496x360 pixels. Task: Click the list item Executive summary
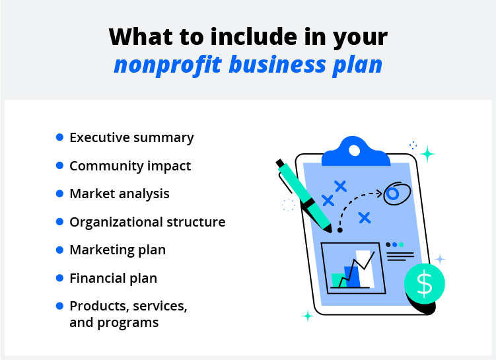pos(131,138)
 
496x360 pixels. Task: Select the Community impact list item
pos(130,166)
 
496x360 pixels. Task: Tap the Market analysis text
pos(120,194)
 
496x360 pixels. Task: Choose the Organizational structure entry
pos(147,223)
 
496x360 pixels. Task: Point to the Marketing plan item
pos(118,250)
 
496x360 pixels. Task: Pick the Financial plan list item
pos(113,278)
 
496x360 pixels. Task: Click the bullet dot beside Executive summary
pos(59,137)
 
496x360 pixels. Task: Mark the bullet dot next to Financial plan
pos(59,277)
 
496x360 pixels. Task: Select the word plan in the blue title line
pos(357,65)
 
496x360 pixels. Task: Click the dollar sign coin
pos(425,283)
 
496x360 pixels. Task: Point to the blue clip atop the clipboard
pos(354,153)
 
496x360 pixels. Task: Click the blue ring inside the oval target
pos(392,194)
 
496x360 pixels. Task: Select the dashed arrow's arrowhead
pos(379,194)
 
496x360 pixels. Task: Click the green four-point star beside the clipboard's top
pos(427,154)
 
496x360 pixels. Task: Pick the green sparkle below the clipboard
pos(307,316)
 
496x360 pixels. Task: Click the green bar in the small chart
pos(338,279)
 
